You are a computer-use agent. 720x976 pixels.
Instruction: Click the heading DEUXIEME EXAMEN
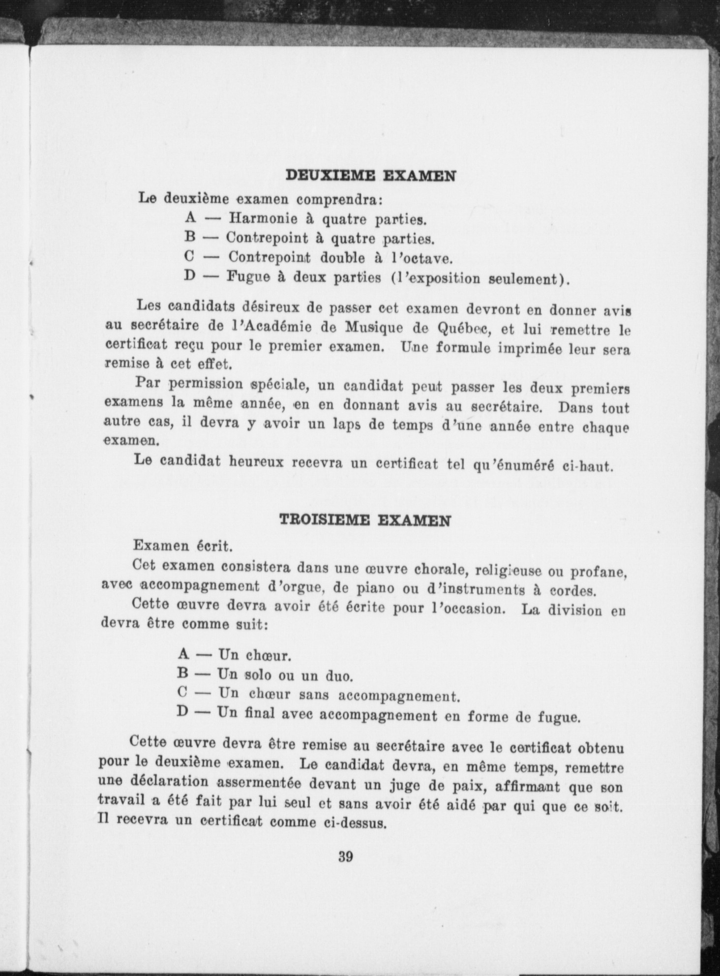[371, 176]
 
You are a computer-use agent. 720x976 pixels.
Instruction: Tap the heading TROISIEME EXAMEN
[364, 520]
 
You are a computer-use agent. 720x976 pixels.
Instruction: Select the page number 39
[345, 857]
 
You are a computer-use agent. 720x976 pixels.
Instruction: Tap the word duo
[339, 676]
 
